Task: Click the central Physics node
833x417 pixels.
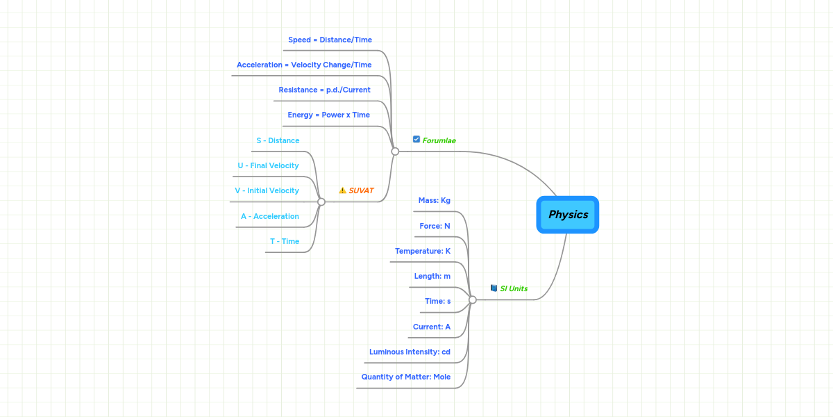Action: pos(568,215)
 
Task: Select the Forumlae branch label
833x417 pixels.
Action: pos(439,140)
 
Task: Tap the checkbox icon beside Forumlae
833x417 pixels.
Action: pos(416,140)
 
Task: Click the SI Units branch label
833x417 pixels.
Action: pos(514,288)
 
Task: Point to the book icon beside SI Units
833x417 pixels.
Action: pos(494,288)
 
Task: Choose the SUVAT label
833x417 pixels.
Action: pos(361,190)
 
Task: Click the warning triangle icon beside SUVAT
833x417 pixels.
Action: pos(342,190)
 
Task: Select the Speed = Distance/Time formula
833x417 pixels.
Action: pos(330,40)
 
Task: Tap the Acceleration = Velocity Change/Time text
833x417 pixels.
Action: pos(304,65)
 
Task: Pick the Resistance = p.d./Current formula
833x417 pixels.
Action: pos(325,90)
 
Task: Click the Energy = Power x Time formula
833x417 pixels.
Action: pos(329,115)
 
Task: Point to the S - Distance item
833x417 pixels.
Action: pos(278,140)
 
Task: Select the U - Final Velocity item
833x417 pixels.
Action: pos(268,165)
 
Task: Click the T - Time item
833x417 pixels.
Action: pos(285,241)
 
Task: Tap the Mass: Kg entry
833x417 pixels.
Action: pos(435,200)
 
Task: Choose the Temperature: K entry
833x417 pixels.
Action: pos(423,251)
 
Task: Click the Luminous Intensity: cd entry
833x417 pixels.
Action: pos(410,352)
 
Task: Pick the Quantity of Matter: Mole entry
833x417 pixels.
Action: pos(406,377)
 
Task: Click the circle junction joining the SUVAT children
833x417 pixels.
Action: pos(321,202)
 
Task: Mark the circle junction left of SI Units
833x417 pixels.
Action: pos(473,300)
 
